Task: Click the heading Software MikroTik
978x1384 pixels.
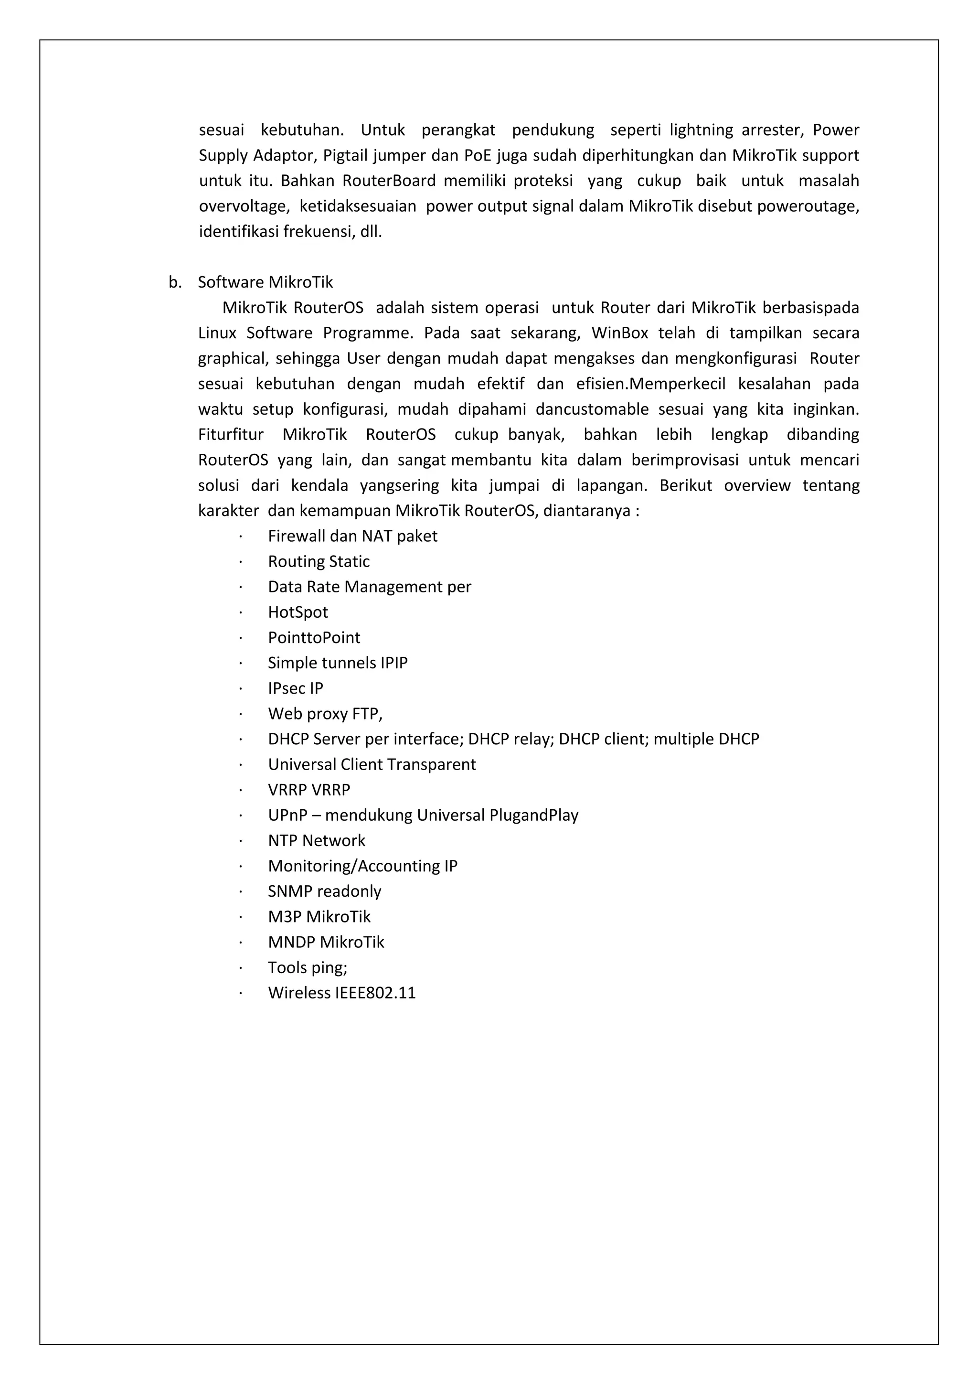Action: pyautogui.click(x=265, y=282)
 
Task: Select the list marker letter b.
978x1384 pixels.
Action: pyautogui.click(x=175, y=282)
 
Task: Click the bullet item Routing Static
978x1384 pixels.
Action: pyautogui.click(x=319, y=561)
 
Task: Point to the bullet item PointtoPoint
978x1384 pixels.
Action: pyautogui.click(x=314, y=637)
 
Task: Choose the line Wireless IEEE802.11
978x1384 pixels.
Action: pyautogui.click(x=341, y=993)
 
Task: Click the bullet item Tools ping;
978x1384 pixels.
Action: pyautogui.click(x=308, y=967)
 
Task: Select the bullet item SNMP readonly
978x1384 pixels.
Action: pyautogui.click(x=324, y=891)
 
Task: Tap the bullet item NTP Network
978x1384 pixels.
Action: pyautogui.click(x=316, y=840)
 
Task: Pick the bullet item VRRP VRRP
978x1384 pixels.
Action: pyautogui.click(x=308, y=790)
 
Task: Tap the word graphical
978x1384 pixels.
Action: pyautogui.click(x=232, y=359)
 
